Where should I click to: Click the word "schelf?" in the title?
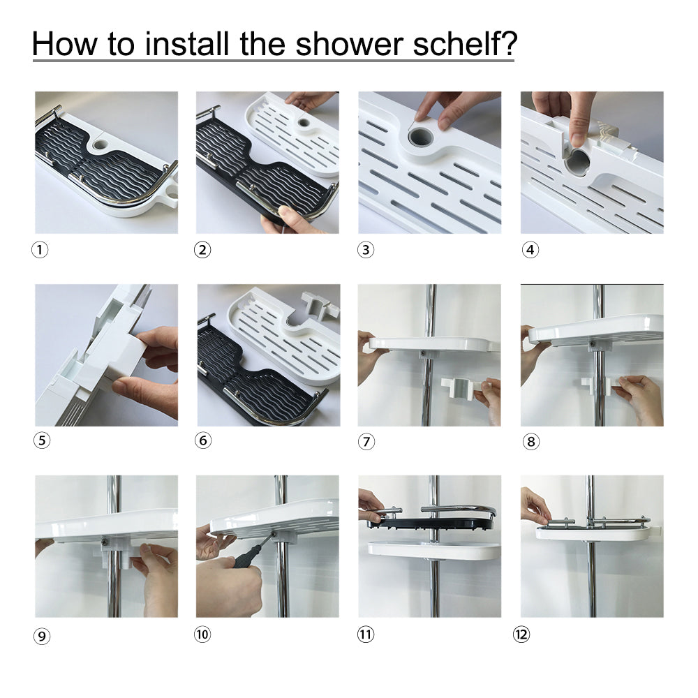465,43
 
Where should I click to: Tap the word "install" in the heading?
188,43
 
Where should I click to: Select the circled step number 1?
40,250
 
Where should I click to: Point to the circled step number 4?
530,250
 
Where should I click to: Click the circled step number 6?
203,440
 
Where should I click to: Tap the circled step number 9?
42,636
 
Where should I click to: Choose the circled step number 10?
202,634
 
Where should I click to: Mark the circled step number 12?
521,634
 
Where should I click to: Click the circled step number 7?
366,442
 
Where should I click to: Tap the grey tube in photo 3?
421,137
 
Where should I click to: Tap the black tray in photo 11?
430,521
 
